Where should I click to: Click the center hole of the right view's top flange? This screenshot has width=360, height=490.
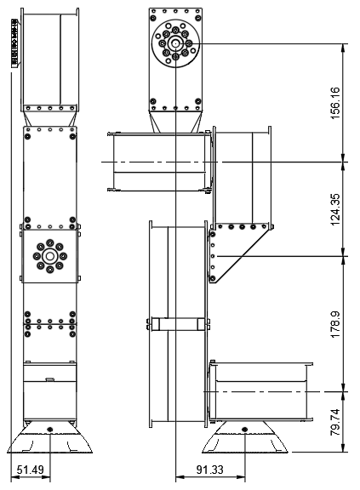coord(175,42)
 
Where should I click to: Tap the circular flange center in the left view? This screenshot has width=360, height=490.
coord(50,255)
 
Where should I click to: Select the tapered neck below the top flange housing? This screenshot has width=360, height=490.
coord(175,122)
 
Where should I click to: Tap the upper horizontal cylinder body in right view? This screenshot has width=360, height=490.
coord(157,162)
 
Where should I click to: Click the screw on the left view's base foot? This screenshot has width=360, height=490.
coord(50,428)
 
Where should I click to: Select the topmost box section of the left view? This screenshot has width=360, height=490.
coord(50,60)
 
